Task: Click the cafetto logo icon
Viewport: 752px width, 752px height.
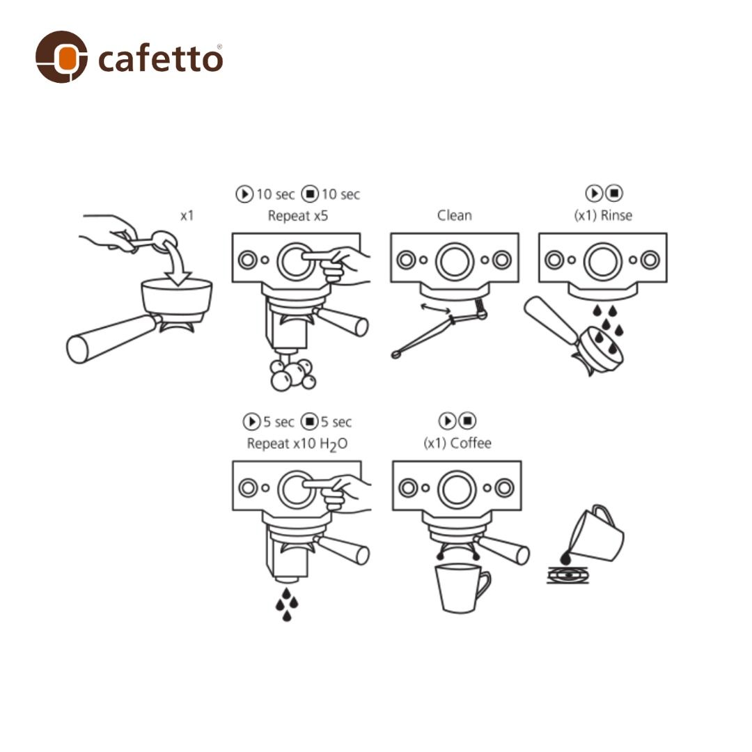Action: [x=61, y=56]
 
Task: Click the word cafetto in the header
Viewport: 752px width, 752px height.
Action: [x=160, y=58]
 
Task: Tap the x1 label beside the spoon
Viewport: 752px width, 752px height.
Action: [x=187, y=216]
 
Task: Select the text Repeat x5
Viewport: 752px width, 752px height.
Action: [x=297, y=216]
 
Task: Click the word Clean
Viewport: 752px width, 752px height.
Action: [x=454, y=216]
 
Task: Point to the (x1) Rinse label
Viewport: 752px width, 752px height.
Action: [x=602, y=216]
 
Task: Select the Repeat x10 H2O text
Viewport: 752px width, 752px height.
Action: [x=297, y=444]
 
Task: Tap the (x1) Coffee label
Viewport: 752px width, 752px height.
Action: [x=457, y=444]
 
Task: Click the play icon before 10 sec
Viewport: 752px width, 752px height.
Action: [x=244, y=194]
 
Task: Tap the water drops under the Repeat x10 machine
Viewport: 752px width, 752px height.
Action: [x=286, y=603]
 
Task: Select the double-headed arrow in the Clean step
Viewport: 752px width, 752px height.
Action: [x=432, y=309]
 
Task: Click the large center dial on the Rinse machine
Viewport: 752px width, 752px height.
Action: [x=602, y=261]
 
